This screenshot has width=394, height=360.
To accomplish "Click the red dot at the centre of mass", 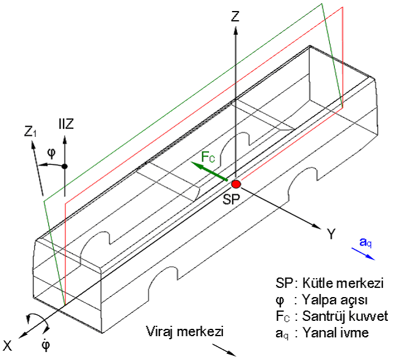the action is point(236,184).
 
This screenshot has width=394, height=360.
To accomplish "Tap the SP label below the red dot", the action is point(232,199).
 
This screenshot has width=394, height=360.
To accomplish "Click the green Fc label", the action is point(208,157).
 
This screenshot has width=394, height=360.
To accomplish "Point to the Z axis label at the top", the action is point(235,16).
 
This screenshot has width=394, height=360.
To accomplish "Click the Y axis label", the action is point(332,234).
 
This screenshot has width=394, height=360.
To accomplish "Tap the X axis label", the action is point(7,346).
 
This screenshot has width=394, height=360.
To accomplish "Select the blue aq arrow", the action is point(363,254).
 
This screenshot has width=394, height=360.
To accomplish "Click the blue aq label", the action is point(365,242).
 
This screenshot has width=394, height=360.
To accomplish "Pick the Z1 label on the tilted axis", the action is point(30,131).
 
